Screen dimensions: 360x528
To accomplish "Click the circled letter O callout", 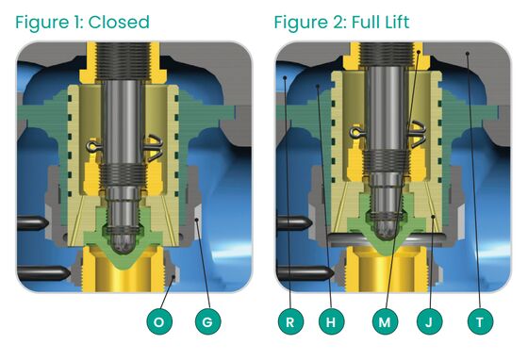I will (159, 322).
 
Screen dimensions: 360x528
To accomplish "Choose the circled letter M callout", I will (385, 322).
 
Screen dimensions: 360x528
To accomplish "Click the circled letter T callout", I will (480, 322).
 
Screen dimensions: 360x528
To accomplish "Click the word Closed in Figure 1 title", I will (119, 22).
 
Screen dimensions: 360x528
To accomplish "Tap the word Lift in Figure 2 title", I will (390, 22).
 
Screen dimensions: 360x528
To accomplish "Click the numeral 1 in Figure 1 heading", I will (76, 22).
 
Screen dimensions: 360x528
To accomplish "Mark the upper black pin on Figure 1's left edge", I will (30, 222).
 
